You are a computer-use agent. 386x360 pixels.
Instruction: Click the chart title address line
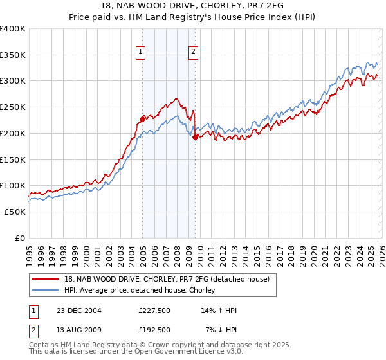click(193, 6)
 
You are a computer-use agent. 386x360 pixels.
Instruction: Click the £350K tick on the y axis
click(13, 55)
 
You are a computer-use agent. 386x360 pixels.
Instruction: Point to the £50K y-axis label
click(15, 212)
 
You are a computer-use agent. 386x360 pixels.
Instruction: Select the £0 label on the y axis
click(21, 238)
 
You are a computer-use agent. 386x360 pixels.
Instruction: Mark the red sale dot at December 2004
click(142, 118)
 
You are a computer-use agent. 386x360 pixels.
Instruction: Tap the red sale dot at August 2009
click(195, 137)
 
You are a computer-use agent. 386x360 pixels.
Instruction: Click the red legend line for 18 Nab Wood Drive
click(46, 279)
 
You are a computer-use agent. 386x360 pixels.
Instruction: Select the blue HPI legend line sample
click(46, 290)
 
